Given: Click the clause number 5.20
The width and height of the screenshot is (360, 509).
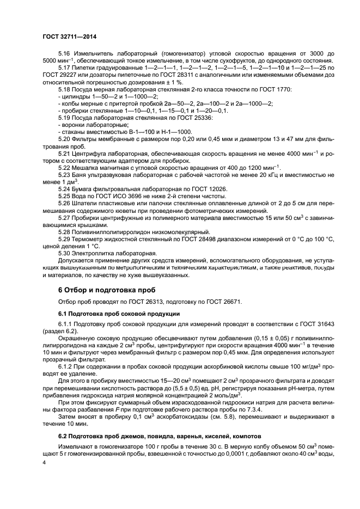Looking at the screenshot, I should pyautogui.click(x=64, y=139).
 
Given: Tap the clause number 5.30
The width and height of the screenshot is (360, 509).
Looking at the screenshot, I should pyautogui.click(x=64, y=253).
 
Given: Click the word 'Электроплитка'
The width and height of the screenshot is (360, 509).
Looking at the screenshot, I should pyautogui.click(x=95, y=253).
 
